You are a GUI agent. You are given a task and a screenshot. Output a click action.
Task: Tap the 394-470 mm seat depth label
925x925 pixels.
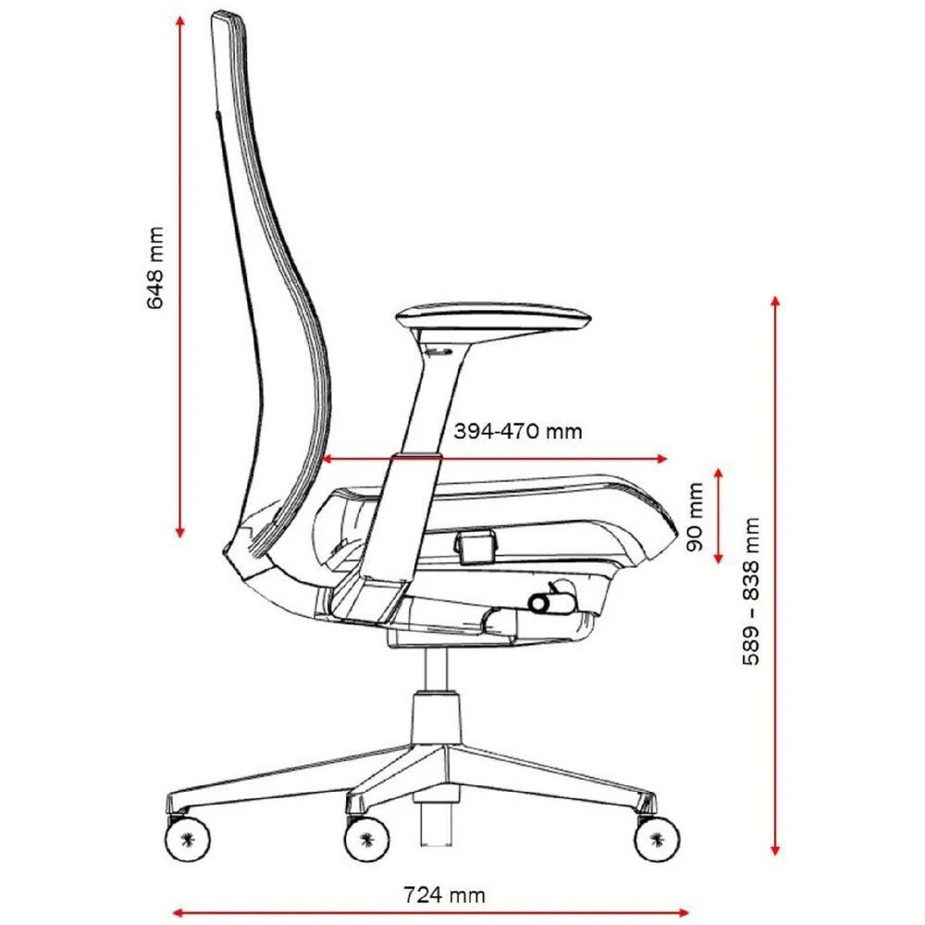click(518, 431)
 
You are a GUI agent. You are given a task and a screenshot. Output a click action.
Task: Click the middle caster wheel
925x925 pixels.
click(366, 838)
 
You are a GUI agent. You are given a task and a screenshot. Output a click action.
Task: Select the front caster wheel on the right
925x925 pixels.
click(656, 838)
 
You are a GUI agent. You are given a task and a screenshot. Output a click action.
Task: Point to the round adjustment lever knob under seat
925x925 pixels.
click(539, 603)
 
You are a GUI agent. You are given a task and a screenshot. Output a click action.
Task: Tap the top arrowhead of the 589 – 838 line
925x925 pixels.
click(775, 302)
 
